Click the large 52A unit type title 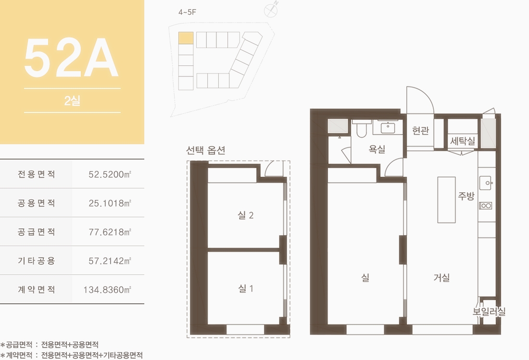(71, 58)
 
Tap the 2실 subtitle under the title (72, 100)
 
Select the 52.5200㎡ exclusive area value (110, 174)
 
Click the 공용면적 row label (37, 203)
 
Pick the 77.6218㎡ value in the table (110, 232)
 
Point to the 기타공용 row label (37, 261)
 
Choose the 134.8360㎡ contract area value (107, 289)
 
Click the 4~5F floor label (187, 12)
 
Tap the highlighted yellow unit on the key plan (186, 38)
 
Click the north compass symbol (271, 10)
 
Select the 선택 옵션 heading (206, 150)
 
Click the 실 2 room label (246, 215)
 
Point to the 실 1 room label (246, 288)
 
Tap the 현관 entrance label (420, 130)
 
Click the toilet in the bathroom (361, 129)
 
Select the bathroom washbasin (388, 127)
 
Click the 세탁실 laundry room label (463, 140)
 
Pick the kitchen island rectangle (446, 200)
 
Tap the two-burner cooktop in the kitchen (486, 205)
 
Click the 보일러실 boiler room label (489, 311)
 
